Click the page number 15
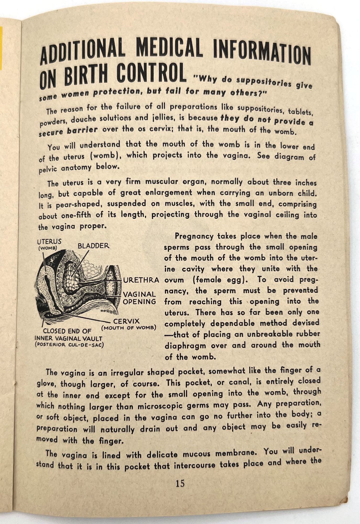coord(180,483)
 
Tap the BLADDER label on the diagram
coord(93,246)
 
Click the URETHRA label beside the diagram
coord(141,280)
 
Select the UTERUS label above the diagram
coord(49,241)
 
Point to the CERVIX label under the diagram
coord(126,321)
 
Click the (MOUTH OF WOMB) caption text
coord(128,328)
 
